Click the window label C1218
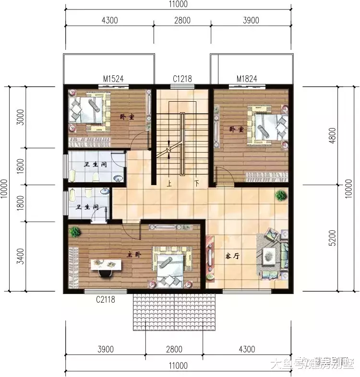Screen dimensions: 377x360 click(x=182, y=79)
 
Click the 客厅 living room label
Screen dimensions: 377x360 click(x=232, y=256)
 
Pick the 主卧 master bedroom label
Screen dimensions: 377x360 click(x=133, y=255)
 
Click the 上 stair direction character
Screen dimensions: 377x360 click(x=169, y=183)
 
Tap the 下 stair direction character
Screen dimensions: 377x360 click(x=197, y=183)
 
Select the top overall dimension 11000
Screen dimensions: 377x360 click(x=178, y=4)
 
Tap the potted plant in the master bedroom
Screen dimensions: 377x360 click(x=74, y=232)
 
